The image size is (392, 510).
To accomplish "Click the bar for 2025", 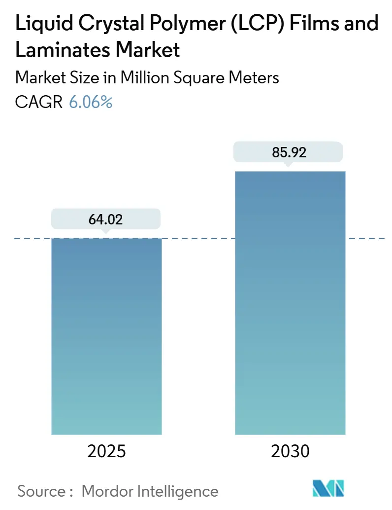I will coord(106,335).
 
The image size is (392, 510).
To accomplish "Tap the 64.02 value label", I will coord(106,219).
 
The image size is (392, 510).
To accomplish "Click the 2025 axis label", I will coord(106,451).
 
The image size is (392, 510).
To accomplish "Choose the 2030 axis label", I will coord(290,451).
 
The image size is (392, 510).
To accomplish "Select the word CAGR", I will coord(39,102).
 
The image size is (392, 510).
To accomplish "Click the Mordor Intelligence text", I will coord(150,491).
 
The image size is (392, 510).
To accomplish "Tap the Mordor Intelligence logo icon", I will coord(329,489).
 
